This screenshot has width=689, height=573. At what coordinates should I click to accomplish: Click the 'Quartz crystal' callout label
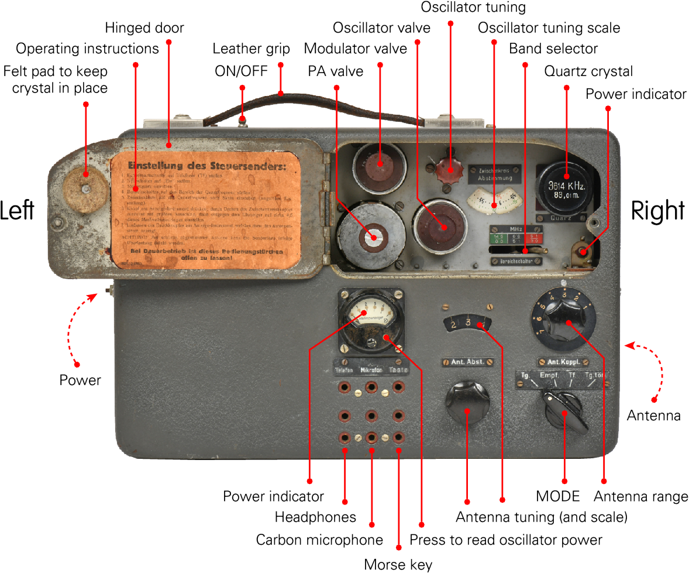coord(588,71)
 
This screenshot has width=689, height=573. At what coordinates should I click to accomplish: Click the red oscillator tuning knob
coord(450,171)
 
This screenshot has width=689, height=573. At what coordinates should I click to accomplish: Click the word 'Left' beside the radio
coord(17,211)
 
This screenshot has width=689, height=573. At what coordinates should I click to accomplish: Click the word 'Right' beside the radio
coord(657,211)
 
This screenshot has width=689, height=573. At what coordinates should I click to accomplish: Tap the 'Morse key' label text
coord(398,564)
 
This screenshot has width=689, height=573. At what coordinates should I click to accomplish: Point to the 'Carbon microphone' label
coord(319,540)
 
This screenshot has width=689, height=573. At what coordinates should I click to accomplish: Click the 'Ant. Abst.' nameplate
coord(467,362)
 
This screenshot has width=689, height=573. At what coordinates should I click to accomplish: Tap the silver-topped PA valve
coord(371,236)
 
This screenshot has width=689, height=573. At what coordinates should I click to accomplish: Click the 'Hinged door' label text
coord(144,28)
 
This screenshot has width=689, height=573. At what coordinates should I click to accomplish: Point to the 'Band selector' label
coord(553,48)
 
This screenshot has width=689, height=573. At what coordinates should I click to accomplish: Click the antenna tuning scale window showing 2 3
coord(467,323)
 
